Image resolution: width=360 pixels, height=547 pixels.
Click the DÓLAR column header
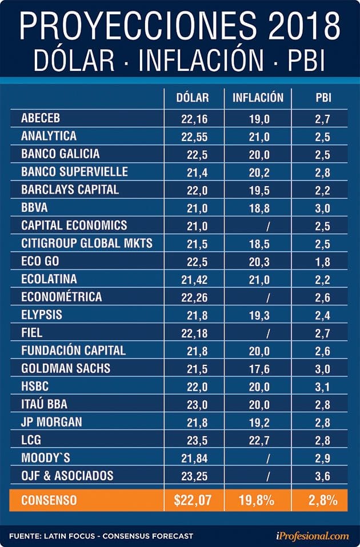[x=193, y=98]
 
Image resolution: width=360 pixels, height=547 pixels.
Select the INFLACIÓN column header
[x=258, y=98]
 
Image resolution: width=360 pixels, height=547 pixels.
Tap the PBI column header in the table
[x=323, y=98]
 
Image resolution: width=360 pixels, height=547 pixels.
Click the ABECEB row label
[x=41, y=119]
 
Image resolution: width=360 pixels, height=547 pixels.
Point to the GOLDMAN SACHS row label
[x=66, y=368]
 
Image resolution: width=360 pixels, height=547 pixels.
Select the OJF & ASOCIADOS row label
[x=67, y=475]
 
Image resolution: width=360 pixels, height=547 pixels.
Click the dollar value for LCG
[x=196, y=440]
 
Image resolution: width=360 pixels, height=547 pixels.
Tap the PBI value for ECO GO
[x=323, y=262]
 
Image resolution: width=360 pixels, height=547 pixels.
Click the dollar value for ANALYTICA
[x=193, y=137]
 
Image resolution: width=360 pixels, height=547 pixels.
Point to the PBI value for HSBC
[x=323, y=387]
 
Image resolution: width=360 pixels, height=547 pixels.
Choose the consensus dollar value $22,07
[x=193, y=501]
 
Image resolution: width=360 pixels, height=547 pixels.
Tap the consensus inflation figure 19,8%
[x=258, y=501]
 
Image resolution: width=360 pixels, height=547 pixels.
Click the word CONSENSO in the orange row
[x=49, y=501]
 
